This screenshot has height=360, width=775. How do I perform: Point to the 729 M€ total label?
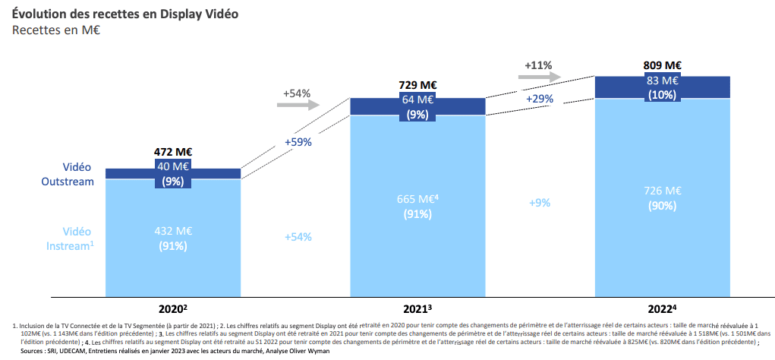pos(417,86)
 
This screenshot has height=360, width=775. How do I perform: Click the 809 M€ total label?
pos(662,65)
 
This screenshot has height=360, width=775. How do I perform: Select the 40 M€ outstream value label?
pos(174,166)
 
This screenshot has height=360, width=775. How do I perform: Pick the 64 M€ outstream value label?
pos(417,99)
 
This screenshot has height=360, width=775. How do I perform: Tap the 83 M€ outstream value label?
pos(662,80)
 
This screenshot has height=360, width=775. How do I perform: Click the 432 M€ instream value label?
pos(174,231)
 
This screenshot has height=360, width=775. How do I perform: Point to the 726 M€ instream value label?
pos(662,191)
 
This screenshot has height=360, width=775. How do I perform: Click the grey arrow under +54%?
pos(298,106)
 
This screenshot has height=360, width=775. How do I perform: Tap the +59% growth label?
pos(298,141)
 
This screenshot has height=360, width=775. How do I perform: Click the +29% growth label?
pos(539,99)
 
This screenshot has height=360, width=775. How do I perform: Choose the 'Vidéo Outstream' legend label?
pos(68,174)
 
